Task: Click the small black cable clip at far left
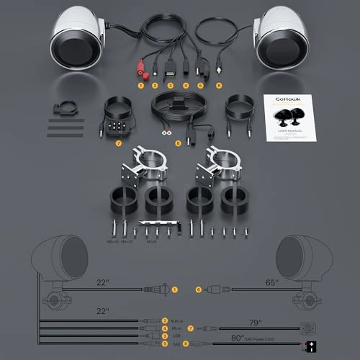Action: point(63,112)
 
